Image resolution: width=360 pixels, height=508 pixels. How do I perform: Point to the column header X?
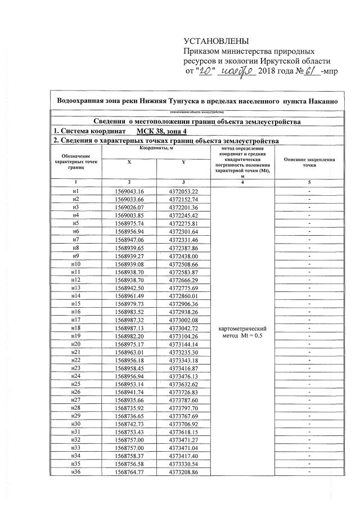129,161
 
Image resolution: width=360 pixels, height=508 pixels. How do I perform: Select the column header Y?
183,161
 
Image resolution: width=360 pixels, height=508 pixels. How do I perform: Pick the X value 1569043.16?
129,191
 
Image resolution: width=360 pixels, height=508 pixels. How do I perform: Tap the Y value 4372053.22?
183,191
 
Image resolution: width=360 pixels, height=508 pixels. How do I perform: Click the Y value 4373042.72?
183,327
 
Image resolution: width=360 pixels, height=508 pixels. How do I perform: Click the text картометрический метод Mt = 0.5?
242,331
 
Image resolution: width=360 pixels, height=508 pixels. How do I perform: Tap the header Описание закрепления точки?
309,163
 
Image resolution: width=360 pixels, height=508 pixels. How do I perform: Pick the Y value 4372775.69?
183,287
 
